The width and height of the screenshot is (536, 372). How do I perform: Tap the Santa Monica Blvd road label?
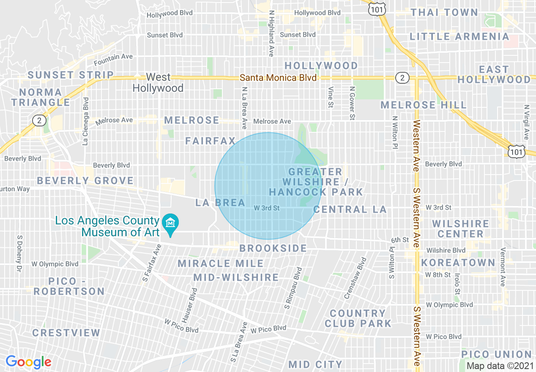[x=278, y=78]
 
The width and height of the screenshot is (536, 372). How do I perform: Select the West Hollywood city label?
[x=158, y=82]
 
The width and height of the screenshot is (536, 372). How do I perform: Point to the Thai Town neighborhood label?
[x=444, y=12]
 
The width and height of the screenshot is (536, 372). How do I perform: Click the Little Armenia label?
[x=459, y=37]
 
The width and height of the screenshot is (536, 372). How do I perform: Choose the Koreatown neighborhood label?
[x=458, y=263]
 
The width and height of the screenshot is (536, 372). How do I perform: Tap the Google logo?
[x=28, y=362]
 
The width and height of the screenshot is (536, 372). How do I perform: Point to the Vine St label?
[x=331, y=98]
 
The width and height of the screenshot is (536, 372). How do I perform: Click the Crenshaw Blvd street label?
[x=355, y=278]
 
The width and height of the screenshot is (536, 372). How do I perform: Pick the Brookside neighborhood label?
[x=273, y=248]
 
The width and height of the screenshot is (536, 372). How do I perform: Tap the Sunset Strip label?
[x=71, y=75]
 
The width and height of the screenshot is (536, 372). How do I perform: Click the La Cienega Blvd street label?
[x=86, y=121]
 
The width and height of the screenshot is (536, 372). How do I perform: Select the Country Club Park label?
[x=358, y=318]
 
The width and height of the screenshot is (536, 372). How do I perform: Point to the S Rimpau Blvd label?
[x=293, y=287]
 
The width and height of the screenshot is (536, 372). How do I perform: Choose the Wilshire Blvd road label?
[x=446, y=251]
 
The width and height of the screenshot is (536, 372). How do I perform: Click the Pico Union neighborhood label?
[x=496, y=354]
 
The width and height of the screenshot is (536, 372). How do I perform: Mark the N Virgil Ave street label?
[x=526, y=123]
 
